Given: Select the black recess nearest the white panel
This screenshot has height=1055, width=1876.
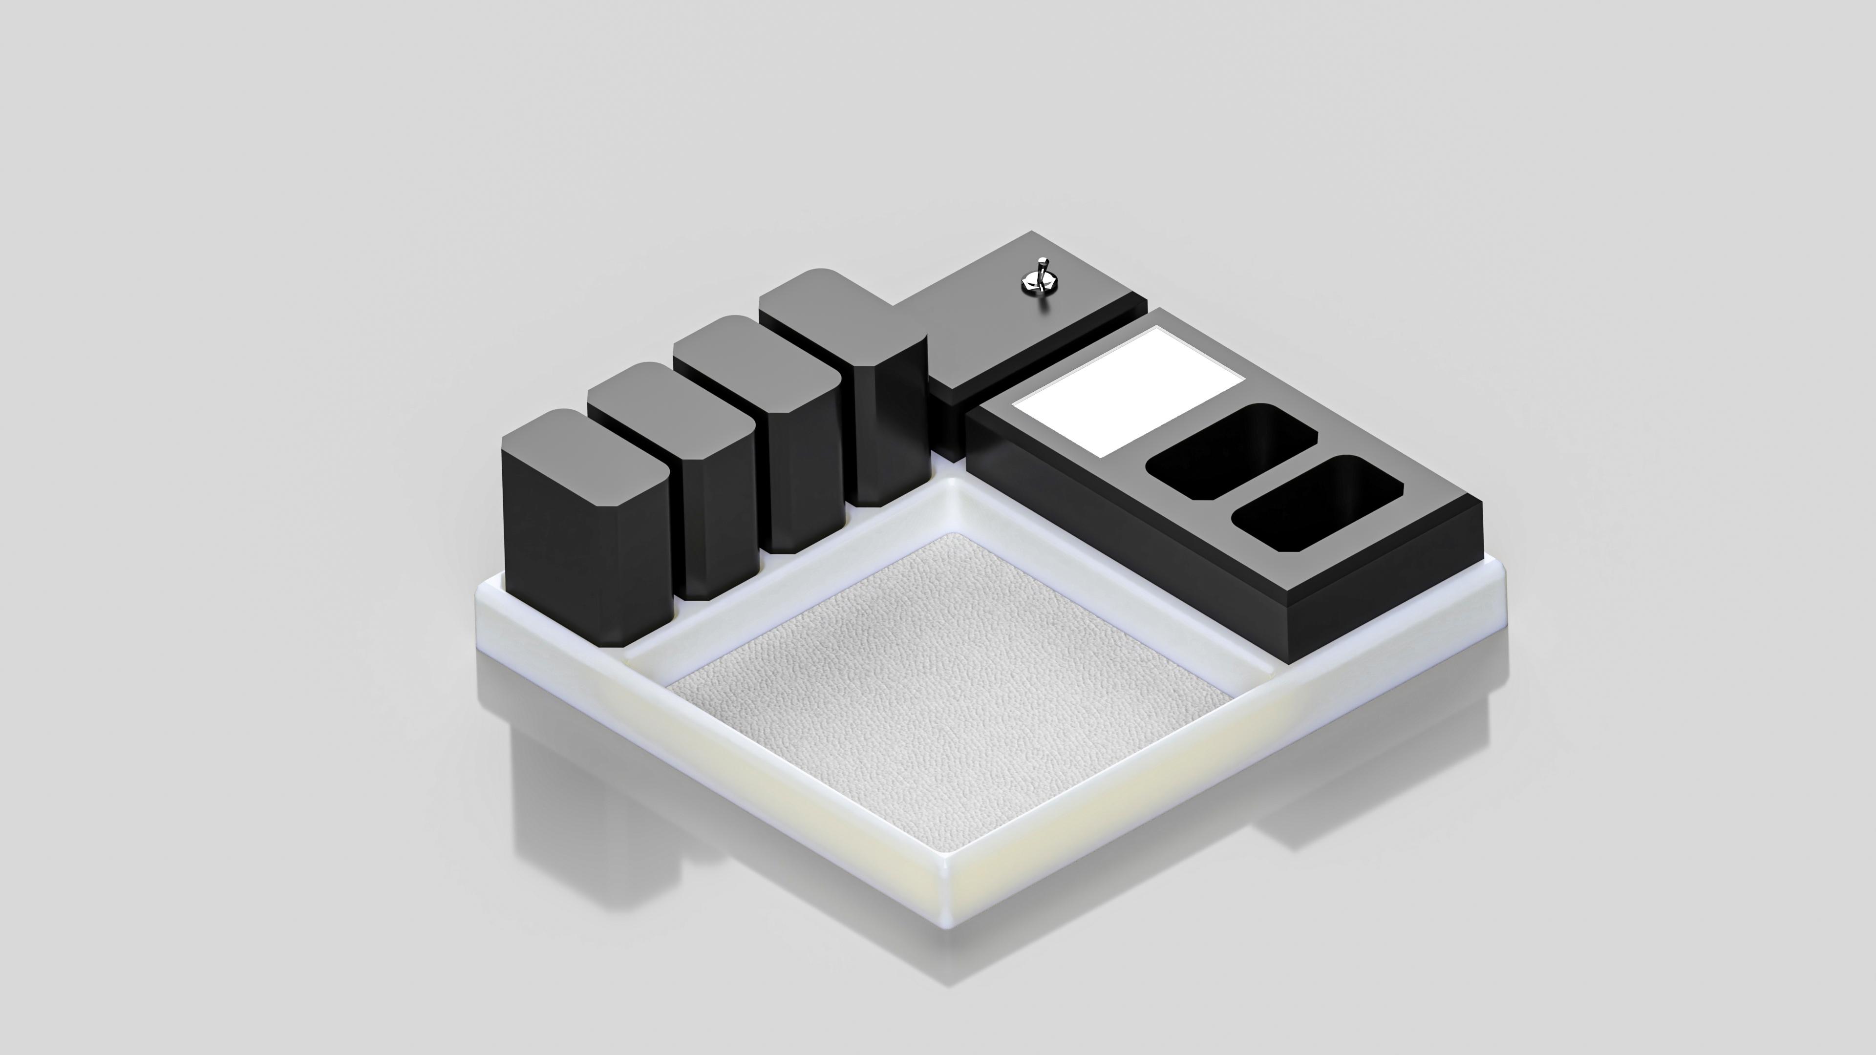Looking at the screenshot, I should (x=1232, y=451).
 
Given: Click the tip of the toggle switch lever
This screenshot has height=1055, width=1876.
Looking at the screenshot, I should (x=1043, y=259).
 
